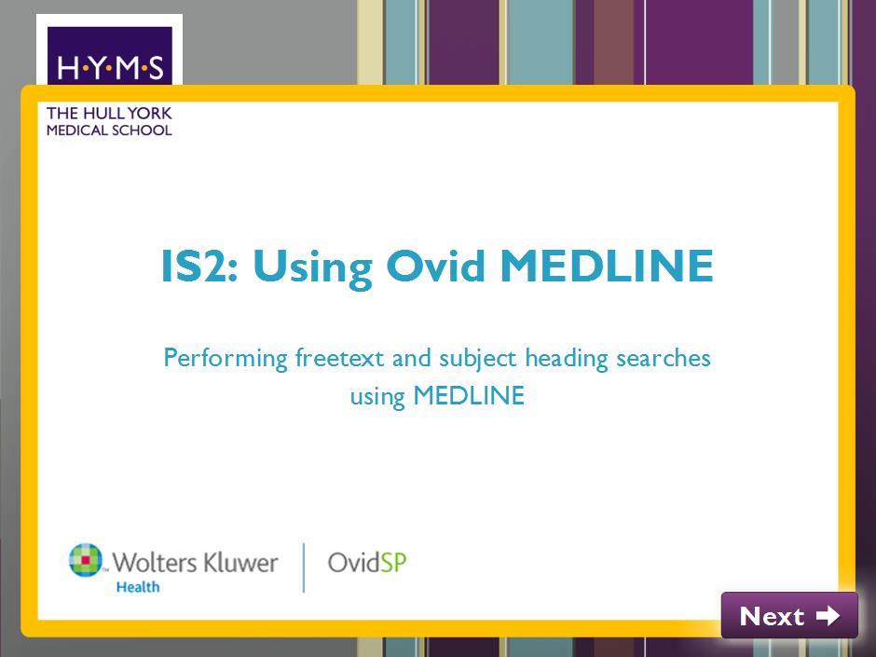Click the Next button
[789, 615]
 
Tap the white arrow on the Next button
[828, 616]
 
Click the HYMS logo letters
[110, 68]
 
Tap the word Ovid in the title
[436, 266]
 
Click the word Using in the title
[312, 268]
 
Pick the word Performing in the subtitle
[226, 359]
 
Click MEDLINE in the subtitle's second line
[469, 395]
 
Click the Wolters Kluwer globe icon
[86, 559]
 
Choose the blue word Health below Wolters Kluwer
[137, 586]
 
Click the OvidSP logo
[367, 563]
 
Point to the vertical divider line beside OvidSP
[304, 567]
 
